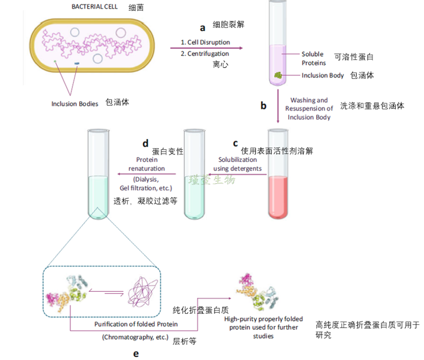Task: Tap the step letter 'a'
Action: coord(201,28)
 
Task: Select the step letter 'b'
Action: coord(263,105)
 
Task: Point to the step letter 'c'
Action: coord(235,143)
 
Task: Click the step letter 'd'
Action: coord(145,143)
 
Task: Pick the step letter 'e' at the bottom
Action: coord(136,353)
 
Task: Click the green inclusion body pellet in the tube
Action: coord(278,76)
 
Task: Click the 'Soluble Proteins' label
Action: coord(313,58)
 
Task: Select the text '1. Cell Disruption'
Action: coord(205,42)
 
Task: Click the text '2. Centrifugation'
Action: coord(205,53)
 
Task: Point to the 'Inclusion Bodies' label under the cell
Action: coord(75,103)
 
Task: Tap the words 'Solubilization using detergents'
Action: coord(237,164)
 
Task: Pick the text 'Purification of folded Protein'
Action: coord(136,324)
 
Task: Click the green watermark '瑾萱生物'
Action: coord(213,179)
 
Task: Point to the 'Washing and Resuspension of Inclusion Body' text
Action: coord(309,108)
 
